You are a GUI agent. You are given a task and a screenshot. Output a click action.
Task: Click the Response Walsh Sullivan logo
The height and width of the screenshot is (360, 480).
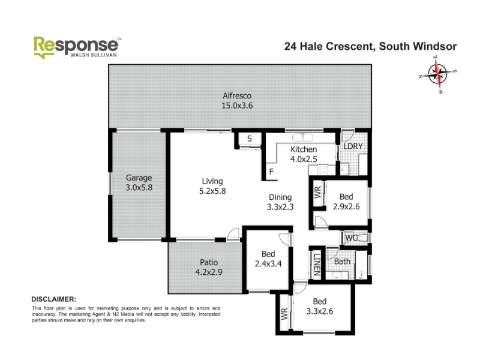click(77, 48)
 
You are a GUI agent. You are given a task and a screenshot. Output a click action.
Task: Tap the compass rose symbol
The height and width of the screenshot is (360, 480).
click(437, 74)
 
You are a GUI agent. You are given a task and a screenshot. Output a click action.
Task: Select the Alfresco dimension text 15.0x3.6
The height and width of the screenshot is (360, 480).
click(237, 106)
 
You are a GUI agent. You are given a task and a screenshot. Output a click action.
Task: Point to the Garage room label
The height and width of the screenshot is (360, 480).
click(139, 178)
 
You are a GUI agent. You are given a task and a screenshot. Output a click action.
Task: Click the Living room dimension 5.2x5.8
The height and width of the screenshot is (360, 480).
click(212, 191)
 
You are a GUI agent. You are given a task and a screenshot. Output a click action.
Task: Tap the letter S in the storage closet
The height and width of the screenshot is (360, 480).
click(250, 139)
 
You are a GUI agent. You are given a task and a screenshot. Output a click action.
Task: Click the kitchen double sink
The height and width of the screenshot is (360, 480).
click(302, 137)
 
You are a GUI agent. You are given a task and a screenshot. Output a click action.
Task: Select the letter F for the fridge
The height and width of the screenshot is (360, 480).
click(271, 172)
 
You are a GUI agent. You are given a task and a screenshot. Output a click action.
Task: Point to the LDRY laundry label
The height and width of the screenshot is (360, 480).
click(353, 146)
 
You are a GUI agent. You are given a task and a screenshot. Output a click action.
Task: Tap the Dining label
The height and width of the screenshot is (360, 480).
click(280, 197)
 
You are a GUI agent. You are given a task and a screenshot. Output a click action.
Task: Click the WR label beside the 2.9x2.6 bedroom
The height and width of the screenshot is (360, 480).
click(317, 192)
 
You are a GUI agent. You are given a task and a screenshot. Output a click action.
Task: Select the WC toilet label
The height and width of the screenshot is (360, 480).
click(351, 238)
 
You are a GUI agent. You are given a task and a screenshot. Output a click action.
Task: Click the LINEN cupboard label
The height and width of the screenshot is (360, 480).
click(317, 265)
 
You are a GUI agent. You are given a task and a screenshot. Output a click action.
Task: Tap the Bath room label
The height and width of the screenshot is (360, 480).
click(342, 262)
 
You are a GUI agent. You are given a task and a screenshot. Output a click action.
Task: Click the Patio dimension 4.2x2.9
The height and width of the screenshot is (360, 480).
click(209, 272)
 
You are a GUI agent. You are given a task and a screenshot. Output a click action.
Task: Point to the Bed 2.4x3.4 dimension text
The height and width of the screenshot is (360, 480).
click(268, 263)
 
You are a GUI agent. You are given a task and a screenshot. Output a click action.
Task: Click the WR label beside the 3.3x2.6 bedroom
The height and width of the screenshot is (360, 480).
click(284, 314)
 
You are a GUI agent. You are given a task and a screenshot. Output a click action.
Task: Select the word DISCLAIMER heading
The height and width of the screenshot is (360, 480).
click(54, 299)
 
